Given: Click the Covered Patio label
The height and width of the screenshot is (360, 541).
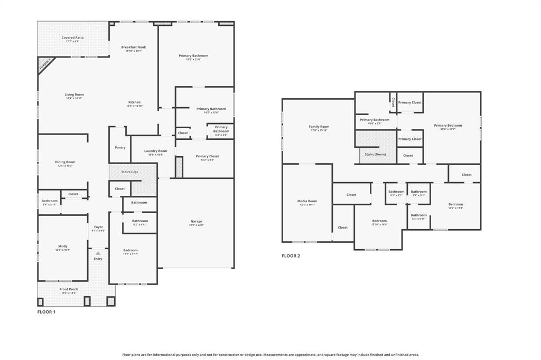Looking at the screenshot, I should [72, 38].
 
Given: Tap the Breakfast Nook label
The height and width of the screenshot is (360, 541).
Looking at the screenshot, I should [133, 48].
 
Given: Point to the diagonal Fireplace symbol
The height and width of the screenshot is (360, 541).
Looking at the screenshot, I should [45, 64].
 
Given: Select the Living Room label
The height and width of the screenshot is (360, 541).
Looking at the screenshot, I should [74, 95].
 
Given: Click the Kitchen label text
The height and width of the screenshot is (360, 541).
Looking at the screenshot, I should [134, 102].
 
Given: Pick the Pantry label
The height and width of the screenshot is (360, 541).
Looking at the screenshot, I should [120, 147].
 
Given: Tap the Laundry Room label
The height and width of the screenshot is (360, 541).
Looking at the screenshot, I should [155, 151].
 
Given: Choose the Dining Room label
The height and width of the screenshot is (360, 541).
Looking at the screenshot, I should [65, 163].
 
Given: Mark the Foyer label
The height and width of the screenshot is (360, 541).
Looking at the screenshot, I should [98, 227].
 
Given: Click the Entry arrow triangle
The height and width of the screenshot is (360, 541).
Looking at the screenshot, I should [98, 253].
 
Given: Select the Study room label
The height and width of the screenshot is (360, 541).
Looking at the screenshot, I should [62, 247].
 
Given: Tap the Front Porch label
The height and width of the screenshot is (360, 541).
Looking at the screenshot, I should [69, 289].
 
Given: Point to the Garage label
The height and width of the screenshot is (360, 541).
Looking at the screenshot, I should [196, 222].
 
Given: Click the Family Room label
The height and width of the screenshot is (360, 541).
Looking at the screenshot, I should [319, 127].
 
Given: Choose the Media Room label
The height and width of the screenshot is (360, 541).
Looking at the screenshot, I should [307, 201].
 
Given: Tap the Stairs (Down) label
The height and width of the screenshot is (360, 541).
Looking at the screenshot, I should [375, 154].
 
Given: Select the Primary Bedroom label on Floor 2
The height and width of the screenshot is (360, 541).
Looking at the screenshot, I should [447, 126].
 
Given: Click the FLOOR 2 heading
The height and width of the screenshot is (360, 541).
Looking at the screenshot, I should [291, 256].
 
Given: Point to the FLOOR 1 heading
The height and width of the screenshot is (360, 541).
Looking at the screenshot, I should [46, 312].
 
